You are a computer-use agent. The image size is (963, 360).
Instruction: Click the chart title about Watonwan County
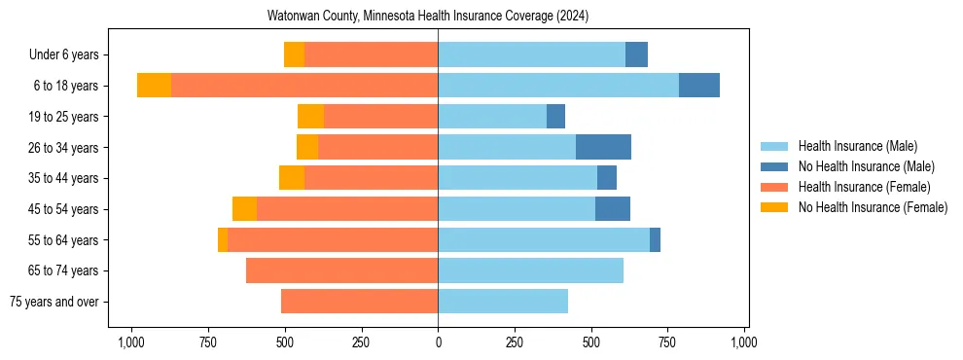point(428,17)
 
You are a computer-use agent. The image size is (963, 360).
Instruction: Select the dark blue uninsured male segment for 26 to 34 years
point(603,147)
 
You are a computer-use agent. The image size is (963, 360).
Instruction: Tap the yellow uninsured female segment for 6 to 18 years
point(154,86)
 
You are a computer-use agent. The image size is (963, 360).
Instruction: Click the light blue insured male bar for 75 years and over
point(503,302)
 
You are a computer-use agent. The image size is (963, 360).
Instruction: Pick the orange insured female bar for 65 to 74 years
point(341,270)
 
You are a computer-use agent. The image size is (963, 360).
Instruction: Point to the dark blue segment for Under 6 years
point(636,54)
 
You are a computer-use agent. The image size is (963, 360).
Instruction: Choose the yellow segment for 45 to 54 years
point(244,209)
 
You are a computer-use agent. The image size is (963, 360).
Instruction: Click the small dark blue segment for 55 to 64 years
point(655,239)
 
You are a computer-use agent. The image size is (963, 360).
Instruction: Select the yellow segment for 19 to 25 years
point(310,117)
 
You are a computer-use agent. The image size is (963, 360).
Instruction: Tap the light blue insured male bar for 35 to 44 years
point(517,178)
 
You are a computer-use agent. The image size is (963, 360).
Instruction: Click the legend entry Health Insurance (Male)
point(857,146)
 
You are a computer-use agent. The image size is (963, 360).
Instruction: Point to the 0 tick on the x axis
point(438,342)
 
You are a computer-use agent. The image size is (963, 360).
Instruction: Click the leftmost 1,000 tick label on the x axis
point(131,342)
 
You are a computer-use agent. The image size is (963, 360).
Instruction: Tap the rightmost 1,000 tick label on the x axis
point(744,342)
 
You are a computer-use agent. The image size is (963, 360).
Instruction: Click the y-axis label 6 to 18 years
point(65,86)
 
